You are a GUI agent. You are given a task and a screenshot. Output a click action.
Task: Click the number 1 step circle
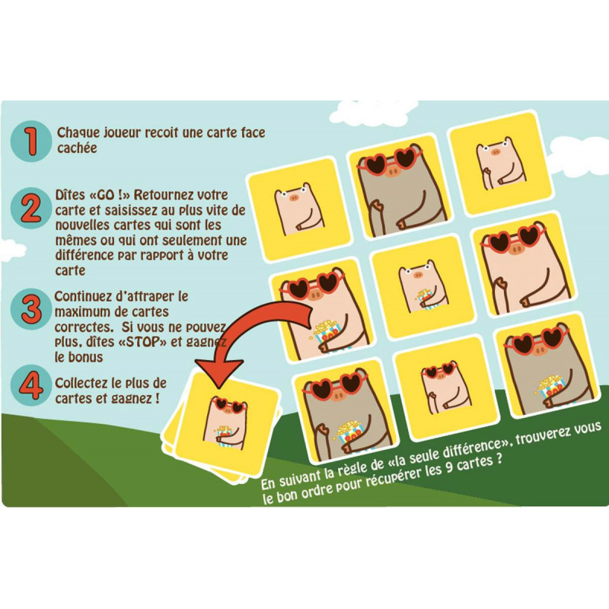coord(31,141)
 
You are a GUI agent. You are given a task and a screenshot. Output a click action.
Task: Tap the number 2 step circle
coord(31,209)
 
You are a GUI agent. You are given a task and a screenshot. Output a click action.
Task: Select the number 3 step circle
coord(31,309)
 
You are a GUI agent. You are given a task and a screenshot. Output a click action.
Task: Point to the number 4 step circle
coord(31,385)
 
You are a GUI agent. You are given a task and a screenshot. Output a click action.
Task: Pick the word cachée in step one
coord(77,148)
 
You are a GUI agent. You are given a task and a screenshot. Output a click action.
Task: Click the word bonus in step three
coord(84,357)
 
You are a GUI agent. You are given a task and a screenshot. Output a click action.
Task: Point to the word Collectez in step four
coord(81,384)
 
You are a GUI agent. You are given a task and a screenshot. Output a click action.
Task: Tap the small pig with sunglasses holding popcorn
coord(225,422)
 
